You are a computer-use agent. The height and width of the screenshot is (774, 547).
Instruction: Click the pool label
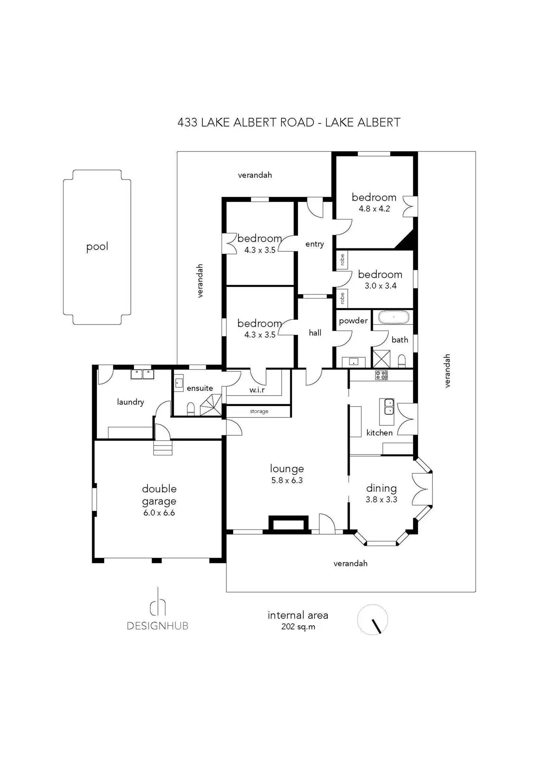click(x=97, y=246)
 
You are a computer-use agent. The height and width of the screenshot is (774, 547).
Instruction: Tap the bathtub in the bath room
click(x=394, y=318)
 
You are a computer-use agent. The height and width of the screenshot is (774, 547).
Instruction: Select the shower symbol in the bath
click(x=381, y=359)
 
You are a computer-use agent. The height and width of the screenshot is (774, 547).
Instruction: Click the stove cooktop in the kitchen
click(x=381, y=375)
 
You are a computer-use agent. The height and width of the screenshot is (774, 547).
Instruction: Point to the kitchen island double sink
click(x=389, y=406)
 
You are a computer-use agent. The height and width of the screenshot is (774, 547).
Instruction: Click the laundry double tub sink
click(x=142, y=374)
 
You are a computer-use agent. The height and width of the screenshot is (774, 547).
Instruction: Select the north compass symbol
click(x=372, y=620)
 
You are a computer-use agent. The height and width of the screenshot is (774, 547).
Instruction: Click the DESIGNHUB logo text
click(x=158, y=626)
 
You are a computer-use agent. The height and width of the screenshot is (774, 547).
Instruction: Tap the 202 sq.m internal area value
click(x=298, y=627)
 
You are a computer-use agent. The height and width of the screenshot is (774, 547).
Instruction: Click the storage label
click(x=259, y=411)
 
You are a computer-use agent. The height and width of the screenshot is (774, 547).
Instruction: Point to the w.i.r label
click(x=257, y=390)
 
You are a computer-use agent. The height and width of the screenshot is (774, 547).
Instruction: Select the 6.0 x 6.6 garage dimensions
click(x=159, y=513)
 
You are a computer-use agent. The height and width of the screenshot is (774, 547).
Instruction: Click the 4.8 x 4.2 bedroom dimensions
click(x=374, y=209)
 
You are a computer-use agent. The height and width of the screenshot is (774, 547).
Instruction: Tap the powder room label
click(x=353, y=320)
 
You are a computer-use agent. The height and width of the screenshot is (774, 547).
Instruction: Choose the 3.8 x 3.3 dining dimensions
click(x=381, y=500)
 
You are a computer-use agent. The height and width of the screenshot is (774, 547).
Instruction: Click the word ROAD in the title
click(x=297, y=122)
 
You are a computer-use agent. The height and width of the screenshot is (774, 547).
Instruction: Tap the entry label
click(x=314, y=244)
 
